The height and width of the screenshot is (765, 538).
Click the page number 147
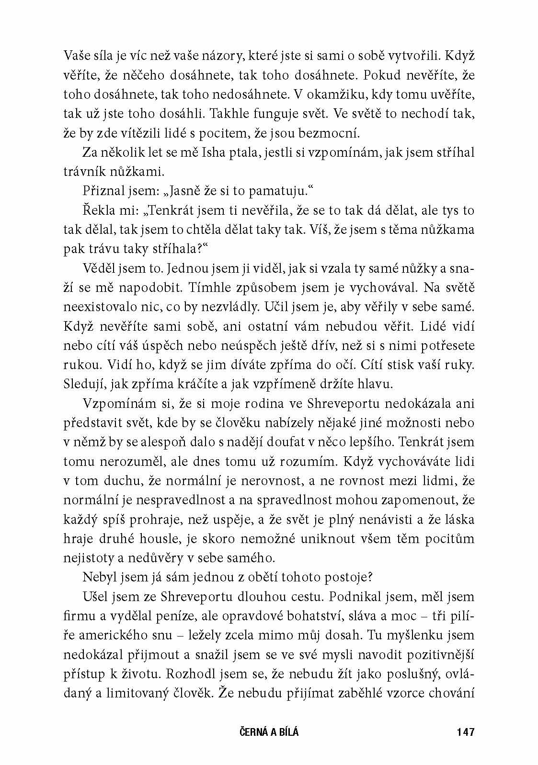coord(465,732)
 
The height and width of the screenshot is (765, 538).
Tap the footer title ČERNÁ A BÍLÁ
coord(268,732)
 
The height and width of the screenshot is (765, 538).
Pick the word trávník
coord(82,172)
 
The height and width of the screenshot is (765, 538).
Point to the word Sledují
coord(82,384)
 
